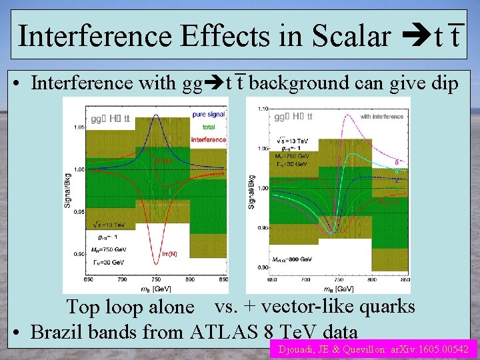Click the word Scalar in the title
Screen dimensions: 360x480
click(x=349, y=36)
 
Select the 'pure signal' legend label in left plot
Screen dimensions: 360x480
click(x=208, y=115)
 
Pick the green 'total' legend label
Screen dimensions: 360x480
click(x=208, y=126)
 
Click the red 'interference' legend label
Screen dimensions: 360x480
click(x=208, y=139)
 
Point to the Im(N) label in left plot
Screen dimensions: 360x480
click(x=171, y=253)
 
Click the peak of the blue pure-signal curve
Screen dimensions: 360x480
click(x=155, y=115)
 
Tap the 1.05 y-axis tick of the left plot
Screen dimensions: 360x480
click(x=79, y=127)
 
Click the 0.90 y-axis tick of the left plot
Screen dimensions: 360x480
click(x=79, y=254)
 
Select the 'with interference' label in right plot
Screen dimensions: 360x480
click(x=381, y=117)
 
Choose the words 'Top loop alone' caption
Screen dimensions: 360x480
click(x=131, y=308)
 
